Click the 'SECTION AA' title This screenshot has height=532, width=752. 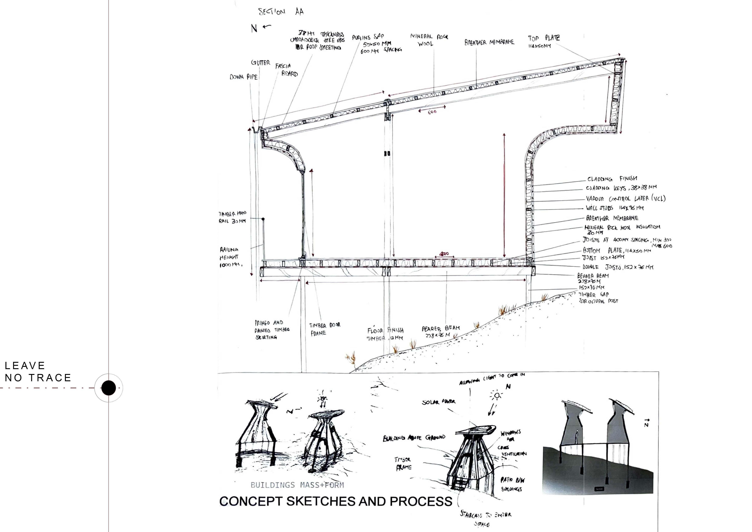pos(281,12)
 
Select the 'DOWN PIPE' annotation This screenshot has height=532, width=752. pos(243,77)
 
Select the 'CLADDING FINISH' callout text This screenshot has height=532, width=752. pos(612,179)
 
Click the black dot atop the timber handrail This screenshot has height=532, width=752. pos(263,219)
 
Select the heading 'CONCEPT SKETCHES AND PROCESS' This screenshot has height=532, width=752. pos(336,501)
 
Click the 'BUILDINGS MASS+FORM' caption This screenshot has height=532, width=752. pos(297,485)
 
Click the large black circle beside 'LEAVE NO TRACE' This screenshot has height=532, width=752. pos(108,388)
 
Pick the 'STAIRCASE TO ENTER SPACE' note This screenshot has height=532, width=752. pos(485,519)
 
